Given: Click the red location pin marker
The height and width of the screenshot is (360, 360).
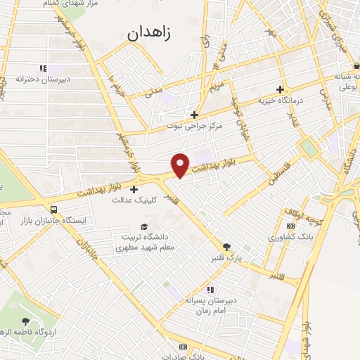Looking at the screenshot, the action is point(181,165).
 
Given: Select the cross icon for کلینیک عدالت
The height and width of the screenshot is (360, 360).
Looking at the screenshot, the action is point(134,188).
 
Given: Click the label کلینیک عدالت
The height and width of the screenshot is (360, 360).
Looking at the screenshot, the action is point(134,200).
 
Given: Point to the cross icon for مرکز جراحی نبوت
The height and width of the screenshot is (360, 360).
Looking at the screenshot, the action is point(195,115).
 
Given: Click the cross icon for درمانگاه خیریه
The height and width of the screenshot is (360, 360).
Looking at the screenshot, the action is point(280,89).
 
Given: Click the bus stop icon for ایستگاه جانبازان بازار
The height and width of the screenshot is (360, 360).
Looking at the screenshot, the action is point(54,209).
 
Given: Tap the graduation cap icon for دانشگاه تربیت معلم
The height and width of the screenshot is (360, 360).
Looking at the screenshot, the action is point(143,226).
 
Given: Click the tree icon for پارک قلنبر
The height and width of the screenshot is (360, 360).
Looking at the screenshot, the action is point(226,246).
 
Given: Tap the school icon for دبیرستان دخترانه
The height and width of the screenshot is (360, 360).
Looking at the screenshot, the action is point(43,68).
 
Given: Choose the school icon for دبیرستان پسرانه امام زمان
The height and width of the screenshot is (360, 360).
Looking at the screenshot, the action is point(208,289).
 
